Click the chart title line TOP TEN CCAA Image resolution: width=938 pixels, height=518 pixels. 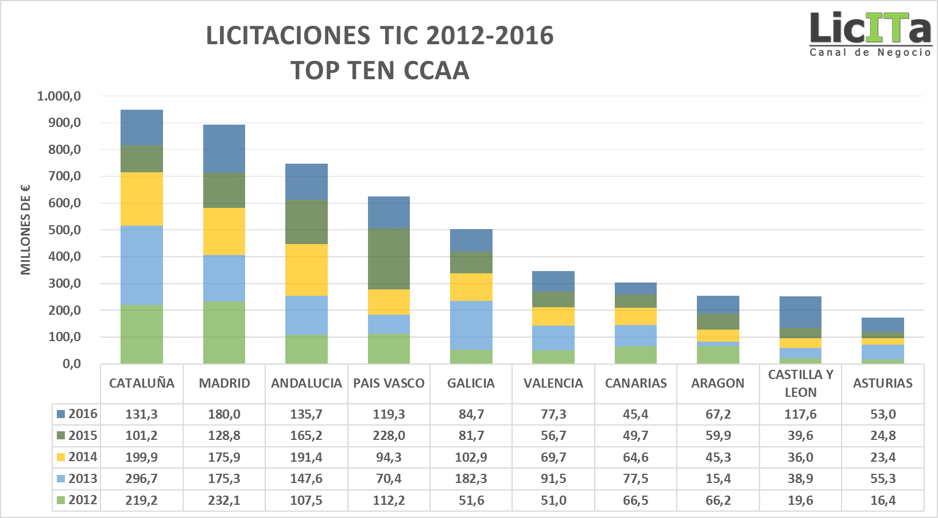[380, 71]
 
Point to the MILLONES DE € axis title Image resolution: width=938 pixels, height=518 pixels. [25, 230]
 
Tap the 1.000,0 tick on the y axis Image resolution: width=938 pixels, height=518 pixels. [59, 96]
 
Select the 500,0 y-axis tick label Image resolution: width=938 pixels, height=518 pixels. [64, 230]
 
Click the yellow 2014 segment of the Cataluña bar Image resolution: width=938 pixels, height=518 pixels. [142, 199]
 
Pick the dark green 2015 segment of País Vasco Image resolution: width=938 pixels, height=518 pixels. [389, 258]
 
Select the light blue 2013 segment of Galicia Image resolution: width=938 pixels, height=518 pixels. [471, 325]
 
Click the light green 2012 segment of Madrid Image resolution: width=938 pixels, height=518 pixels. [224, 333]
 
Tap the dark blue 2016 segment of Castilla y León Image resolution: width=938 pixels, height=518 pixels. [800, 312]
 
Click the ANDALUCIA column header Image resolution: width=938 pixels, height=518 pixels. [307, 383]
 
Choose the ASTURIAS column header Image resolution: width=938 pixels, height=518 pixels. [882, 383]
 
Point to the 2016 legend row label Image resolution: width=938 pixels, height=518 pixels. [77, 414]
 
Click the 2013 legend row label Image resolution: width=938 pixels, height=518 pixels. [77, 478]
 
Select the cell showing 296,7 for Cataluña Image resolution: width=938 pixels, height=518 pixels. [142, 478]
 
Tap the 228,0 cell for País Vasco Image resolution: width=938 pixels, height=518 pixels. [389, 435]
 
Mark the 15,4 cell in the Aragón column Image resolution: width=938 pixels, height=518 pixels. [718, 478]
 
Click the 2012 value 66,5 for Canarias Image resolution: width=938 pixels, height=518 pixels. [635, 500]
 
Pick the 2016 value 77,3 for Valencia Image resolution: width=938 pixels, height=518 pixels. [553, 414]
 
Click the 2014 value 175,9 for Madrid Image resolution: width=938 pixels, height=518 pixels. [224, 457]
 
